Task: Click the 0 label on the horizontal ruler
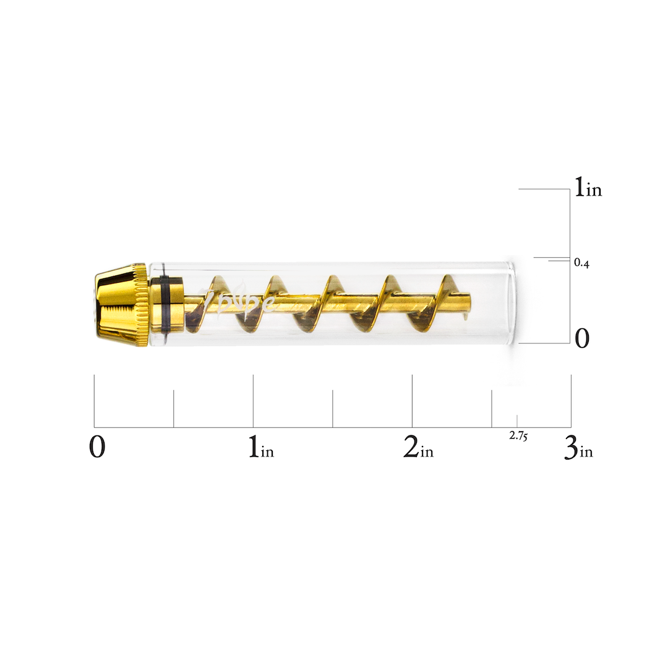(97, 447)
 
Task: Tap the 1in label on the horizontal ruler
(260, 447)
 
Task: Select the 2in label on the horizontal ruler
(418, 447)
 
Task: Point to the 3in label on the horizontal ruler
(578, 447)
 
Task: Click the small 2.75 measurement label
(518, 435)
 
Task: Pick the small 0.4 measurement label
(581, 263)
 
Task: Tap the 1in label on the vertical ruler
(588, 187)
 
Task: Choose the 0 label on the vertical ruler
(582, 339)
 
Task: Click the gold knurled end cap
(121, 305)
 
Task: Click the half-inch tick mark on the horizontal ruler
(174, 408)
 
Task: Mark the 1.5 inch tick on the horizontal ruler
(333, 408)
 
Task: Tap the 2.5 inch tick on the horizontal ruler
(492, 408)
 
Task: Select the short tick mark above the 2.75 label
(517, 421)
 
